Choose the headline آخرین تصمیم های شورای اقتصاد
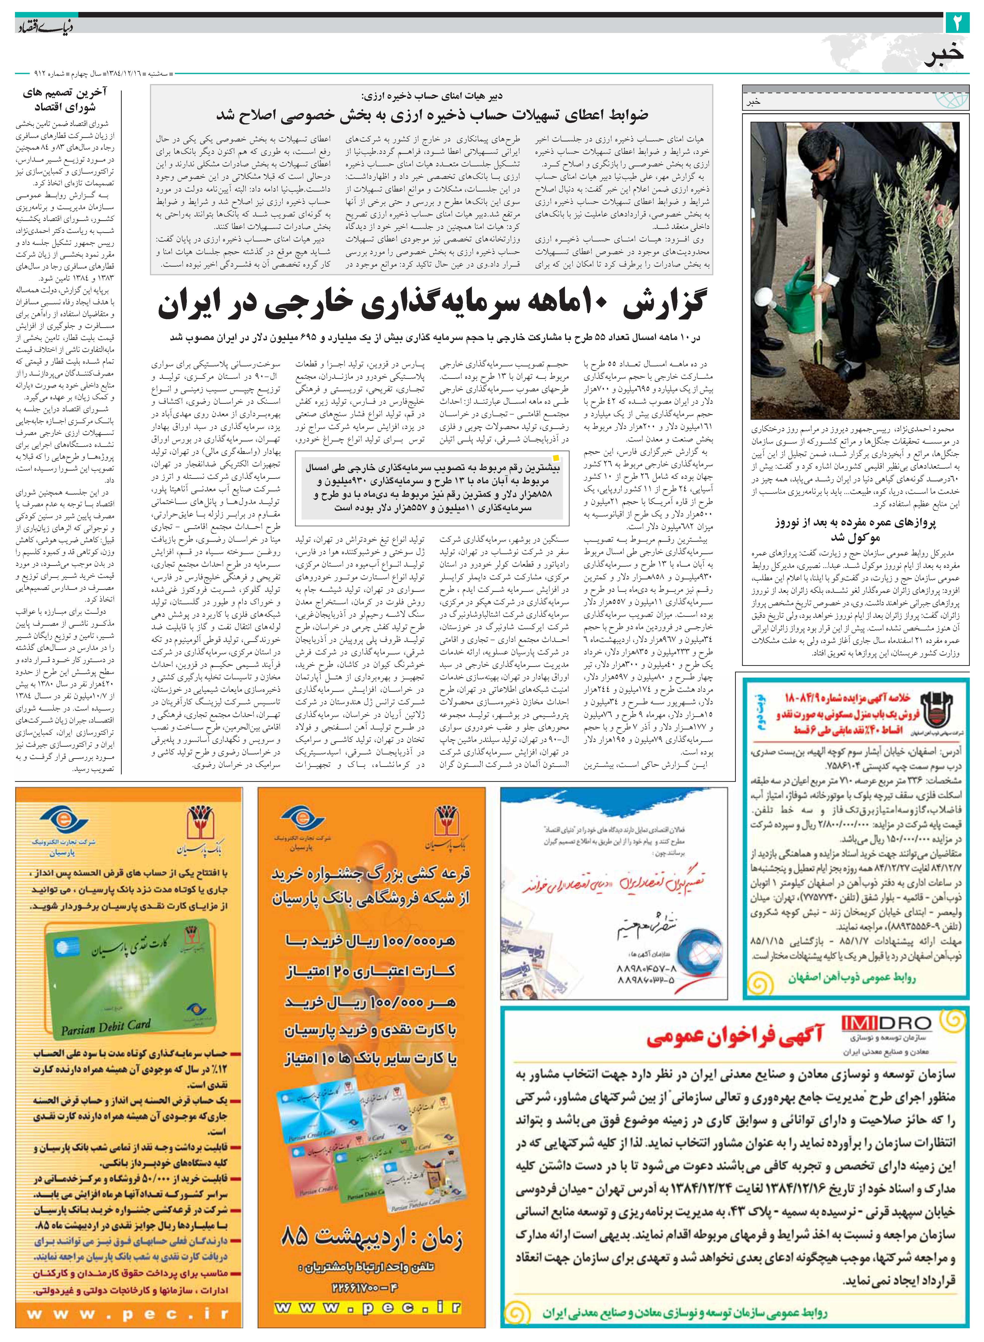point(66,100)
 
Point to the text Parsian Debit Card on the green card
point(106,1027)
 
